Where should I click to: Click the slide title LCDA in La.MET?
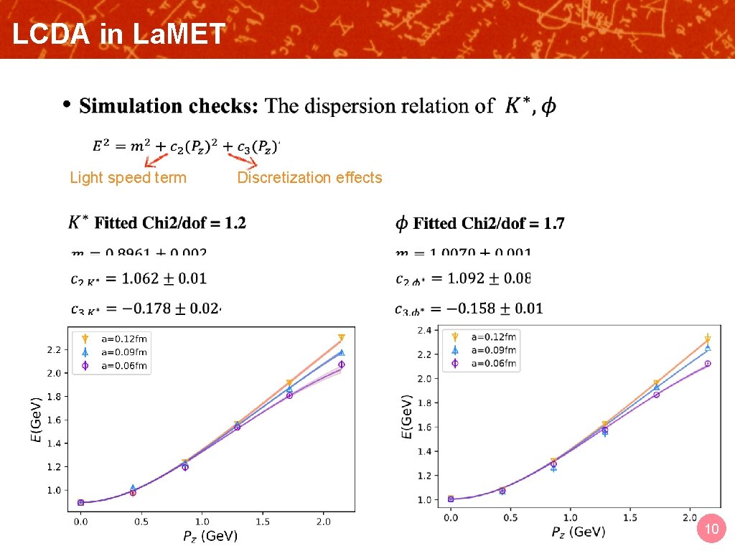118,34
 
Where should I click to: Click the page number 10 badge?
711,529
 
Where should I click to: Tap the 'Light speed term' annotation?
128,178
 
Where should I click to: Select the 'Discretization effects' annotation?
309,178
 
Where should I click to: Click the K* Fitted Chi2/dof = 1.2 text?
157,223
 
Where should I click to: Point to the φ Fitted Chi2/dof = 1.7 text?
480,224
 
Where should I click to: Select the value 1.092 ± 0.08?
488,278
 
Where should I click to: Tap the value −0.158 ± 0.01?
495,309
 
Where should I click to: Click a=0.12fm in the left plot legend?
123,339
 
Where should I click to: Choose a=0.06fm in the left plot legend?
123,366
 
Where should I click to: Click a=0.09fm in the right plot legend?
493,350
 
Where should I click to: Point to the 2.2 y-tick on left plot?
55,350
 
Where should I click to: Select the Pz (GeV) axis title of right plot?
578,532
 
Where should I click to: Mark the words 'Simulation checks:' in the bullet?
169,106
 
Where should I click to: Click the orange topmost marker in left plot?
342,337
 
